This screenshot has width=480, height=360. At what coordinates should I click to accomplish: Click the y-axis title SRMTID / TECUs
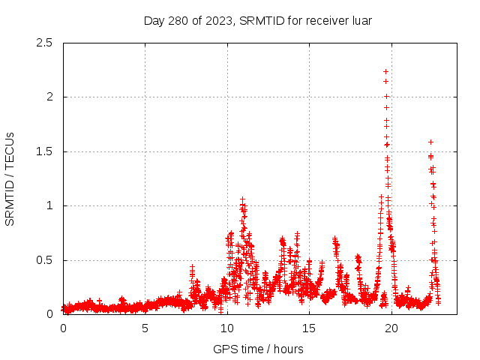(x=10, y=178)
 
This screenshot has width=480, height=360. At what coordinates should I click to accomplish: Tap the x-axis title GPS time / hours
(x=258, y=349)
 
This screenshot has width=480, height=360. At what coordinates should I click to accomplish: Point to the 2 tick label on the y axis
(x=49, y=97)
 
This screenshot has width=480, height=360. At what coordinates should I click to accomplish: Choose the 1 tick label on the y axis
(x=49, y=205)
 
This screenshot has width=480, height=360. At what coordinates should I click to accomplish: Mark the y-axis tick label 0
(x=49, y=314)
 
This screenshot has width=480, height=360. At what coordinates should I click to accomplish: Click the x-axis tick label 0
(x=63, y=328)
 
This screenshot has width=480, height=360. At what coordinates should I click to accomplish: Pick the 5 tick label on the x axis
(x=145, y=328)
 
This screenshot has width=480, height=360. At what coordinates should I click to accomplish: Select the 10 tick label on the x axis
(x=227, y=328)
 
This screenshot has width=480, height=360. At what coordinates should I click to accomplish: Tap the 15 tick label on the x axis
(x=309, y=328)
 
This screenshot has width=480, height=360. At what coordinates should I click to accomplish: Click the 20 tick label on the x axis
(x=391, y=328)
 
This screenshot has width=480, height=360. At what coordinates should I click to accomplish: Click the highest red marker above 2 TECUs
(x=385, y=71)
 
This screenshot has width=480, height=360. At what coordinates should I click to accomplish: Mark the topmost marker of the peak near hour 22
(x=430, y=141)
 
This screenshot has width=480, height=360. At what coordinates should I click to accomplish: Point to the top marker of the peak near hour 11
(x=242, y=199)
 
